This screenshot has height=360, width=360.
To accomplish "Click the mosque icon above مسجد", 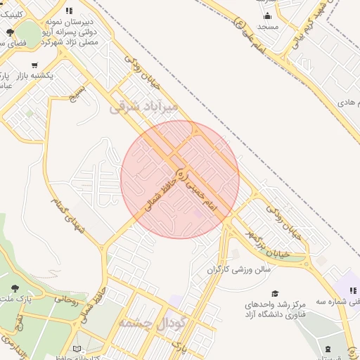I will click(x=268, y=16).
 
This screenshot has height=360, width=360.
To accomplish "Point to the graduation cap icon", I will click(x=275, y=294).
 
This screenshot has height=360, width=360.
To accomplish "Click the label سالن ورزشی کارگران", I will click(x=238, y=269).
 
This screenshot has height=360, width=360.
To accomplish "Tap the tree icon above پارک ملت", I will click(x=15, y=288).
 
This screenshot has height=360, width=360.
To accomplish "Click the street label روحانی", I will click(x=69, y=299).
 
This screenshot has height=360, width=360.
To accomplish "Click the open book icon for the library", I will click(x=77, y=349).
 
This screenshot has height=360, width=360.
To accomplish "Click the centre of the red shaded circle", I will click(x=180, y=179).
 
